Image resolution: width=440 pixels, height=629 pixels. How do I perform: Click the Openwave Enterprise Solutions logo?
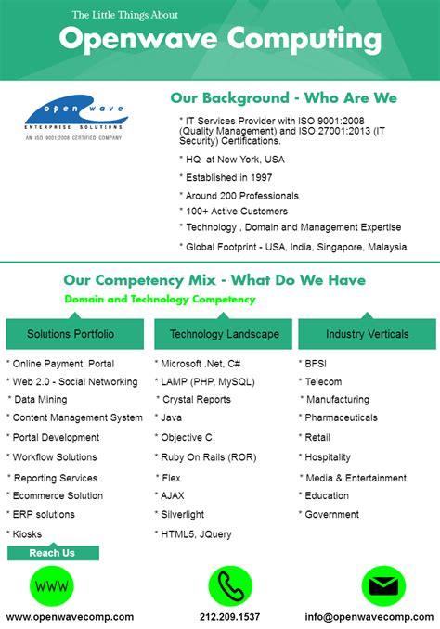[x=73, y=118]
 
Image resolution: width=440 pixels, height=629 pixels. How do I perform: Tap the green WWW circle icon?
[x=53, y=585]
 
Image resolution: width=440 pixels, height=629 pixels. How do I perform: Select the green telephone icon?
[x=229, y=585]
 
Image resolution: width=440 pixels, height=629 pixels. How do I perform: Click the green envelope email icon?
[x=383, y=585]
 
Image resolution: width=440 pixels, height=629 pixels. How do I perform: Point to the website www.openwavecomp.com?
[x=70, y=616]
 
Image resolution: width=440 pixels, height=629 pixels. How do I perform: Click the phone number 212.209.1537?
[x=229, y=616]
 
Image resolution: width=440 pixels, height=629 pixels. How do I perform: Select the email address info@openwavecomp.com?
[x=370, y=616]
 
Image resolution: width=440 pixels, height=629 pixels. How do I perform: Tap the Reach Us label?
[x=52, y=553]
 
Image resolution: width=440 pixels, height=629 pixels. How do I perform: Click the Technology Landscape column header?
[x=224, y=334]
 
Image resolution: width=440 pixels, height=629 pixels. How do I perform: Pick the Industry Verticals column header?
[x=368, y=334]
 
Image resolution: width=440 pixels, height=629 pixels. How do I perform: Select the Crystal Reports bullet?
[x=196, y=399]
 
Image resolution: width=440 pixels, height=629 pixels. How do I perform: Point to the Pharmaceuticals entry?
[x=341, y=417]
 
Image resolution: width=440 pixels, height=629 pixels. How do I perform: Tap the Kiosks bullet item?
[x=26, y=534]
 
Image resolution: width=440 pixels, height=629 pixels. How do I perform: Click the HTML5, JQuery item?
[x=196, y=534]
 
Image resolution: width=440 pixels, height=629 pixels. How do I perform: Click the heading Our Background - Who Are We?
[x=283, y=97]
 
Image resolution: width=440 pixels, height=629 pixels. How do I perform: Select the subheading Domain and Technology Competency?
[x=160, y=300]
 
